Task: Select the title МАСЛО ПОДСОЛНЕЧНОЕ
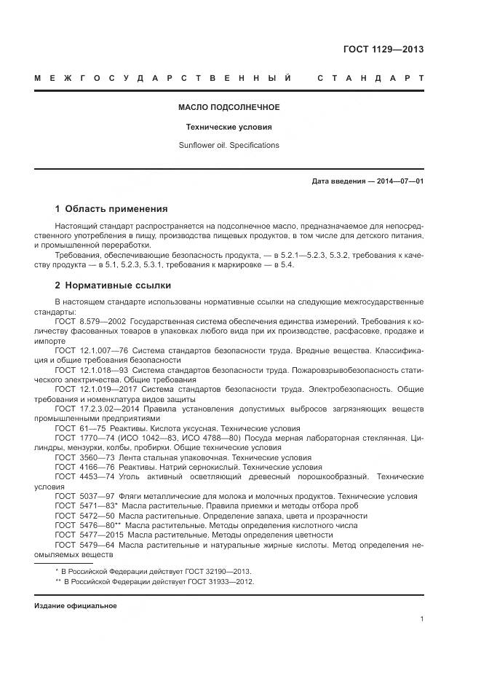coord(228,107)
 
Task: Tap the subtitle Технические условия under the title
coord(228,126)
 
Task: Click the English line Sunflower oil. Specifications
coord(228,145)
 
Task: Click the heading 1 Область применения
coord(111,208)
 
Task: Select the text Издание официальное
coord(76,606)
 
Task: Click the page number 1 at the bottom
coord(421,619)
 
